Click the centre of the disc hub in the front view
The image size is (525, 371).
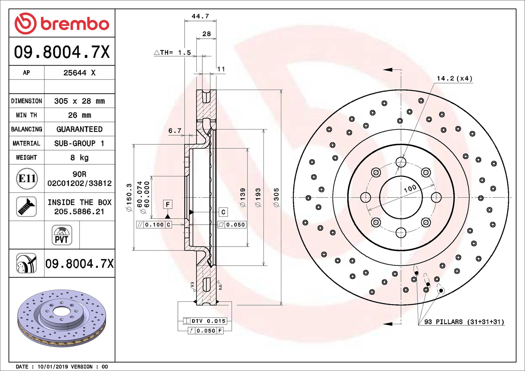click(x=401, y=198)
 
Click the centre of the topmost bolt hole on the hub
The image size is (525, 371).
click(x=401, y=162)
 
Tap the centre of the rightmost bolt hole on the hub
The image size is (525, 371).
click(x=436, y=197)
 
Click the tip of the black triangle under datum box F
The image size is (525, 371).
click(x=168, y=214)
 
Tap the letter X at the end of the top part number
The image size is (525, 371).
click(x=105, y=52)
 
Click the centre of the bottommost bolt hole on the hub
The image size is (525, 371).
click(x=401, y=233)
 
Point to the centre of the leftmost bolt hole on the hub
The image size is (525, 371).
click(x=366, y=197)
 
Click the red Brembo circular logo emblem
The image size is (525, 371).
click(x=25, y=23)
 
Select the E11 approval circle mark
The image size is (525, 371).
click(x=27, y=178)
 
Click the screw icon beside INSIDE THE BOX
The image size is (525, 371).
click(x=26, y=207)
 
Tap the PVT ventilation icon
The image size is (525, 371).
click(x=62, y=235)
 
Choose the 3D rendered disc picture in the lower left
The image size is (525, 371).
click(x=62, y=318)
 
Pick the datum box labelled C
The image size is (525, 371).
click(x=223, y=212)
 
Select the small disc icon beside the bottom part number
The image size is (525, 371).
click(x=26, y=263)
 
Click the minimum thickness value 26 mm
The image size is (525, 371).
click(x=80, y=115)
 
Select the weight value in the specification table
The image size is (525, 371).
click(x=80, y=157)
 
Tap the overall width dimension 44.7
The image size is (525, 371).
click(x=200, y=16)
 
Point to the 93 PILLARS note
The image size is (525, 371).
click(x=464, y=322)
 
